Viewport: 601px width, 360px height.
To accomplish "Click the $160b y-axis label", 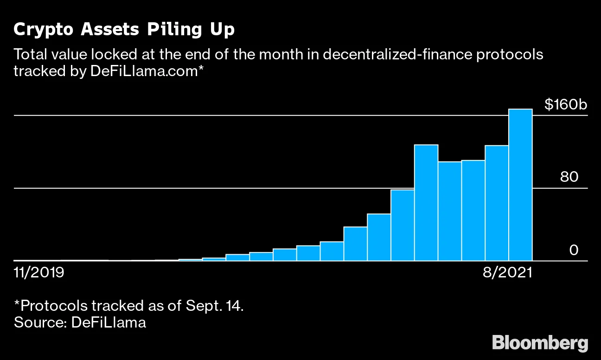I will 565,105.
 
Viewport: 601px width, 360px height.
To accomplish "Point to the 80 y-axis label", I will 569,178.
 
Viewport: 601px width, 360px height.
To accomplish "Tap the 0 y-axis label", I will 574,251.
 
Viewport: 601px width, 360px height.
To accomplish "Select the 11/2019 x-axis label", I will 39,272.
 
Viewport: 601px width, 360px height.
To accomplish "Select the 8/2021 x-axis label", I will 507,272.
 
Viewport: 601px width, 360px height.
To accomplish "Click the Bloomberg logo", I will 540,343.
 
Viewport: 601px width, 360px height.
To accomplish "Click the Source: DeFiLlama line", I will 80,322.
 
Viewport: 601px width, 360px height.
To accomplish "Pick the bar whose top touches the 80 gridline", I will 403,225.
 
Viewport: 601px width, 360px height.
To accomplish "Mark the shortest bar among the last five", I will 450,211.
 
